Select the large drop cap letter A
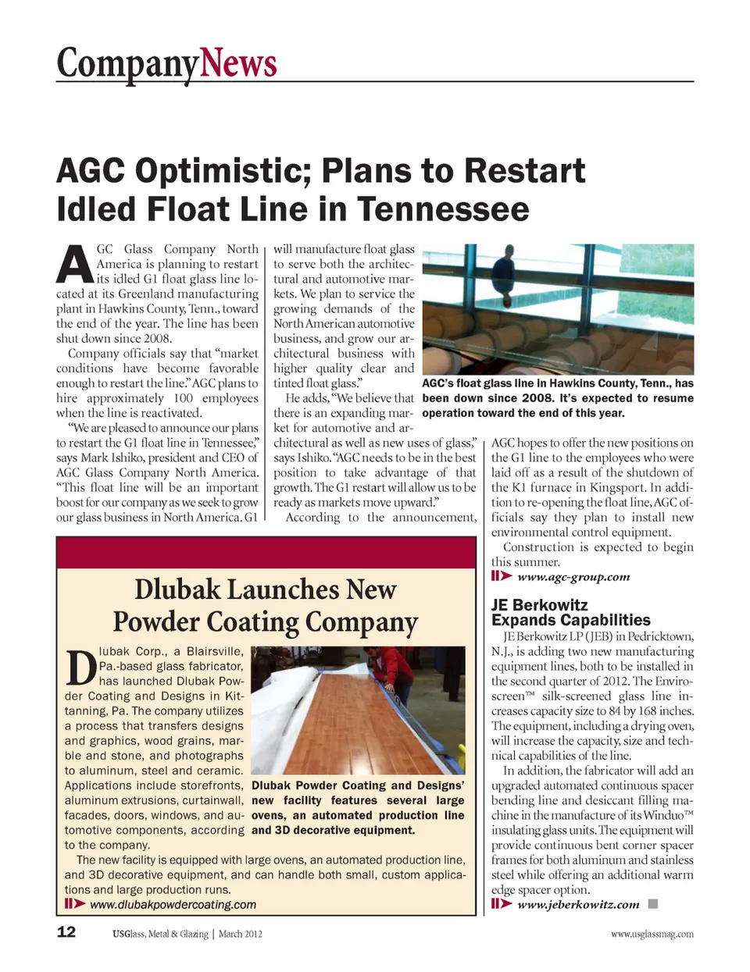click(x=75, y=264)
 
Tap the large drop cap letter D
click(x=80, y=668)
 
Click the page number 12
click(x=66, y=932)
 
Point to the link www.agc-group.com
click(x=573, y=577)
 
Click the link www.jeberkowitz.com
click(x=578, y=905)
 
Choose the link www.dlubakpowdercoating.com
click(x=173, y=905)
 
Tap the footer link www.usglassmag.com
click(x=652, y=934)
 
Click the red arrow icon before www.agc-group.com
click(x=502, y=576)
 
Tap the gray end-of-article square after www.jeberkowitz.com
click(x=653, y=904)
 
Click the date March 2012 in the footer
click(x=241, y=934)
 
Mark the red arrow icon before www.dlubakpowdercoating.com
click(x=75, y=904)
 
